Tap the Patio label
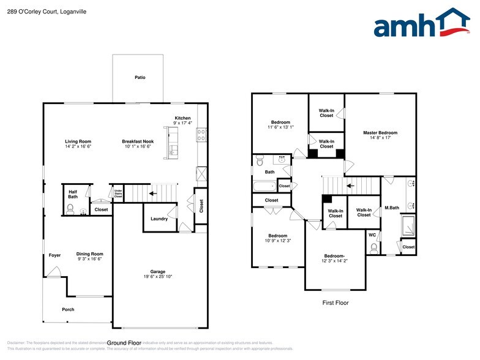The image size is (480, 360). point(140,78)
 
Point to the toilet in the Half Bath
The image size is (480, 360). point(69,210)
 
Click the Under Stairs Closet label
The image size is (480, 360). point(118,194)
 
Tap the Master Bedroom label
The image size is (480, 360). point(380,133)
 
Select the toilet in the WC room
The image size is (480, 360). point(374,247)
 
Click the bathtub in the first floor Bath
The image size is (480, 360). point(264,186)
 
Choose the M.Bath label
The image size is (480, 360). point(391,208)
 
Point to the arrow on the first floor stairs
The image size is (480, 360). point(350,185)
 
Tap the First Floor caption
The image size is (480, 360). point(335,303)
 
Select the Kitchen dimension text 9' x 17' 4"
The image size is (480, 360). point(182,123)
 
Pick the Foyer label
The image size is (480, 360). point(55,255)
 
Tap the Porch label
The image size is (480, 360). point(68,309)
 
